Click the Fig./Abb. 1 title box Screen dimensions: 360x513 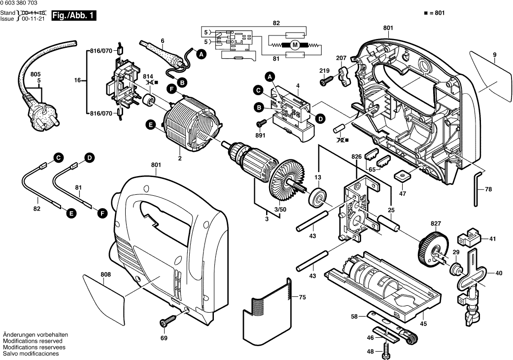click(x=74, y=16)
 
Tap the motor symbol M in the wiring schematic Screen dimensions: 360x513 click(x=295, y=45)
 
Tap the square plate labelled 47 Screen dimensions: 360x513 click(x=403, y=176)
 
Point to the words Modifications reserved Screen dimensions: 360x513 click(x=33, y=341)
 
